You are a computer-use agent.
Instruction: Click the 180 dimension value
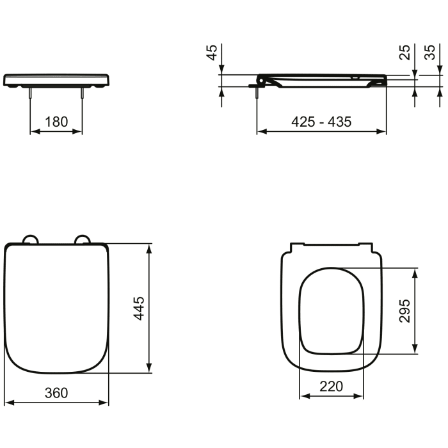(56, 122)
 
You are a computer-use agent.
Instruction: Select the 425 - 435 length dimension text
(321, 122)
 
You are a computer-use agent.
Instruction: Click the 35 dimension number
(431, 52)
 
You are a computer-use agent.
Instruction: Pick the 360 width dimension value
(56, 392)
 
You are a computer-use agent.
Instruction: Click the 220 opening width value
(332, 386)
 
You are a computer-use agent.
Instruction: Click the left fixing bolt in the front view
(31, 93)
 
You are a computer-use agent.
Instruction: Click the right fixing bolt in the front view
(82, 93)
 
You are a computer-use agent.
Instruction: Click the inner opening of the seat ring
(332, 310)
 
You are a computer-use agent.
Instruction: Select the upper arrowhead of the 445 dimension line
(150, 248)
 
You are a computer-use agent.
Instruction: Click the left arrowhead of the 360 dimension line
(9, 403)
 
